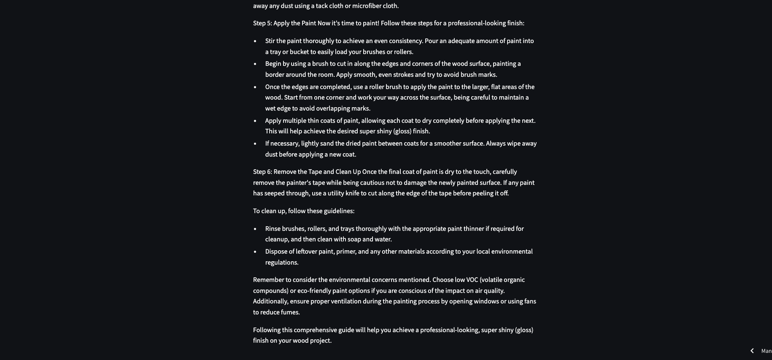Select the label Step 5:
[x=262, y=23]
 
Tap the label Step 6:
[x=262, y=172]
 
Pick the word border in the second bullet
[x=275, y=75]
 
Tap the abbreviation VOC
[x=472, y=280]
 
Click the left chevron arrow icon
[x=752, y=351]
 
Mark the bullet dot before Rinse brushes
[x=255, y=229]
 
